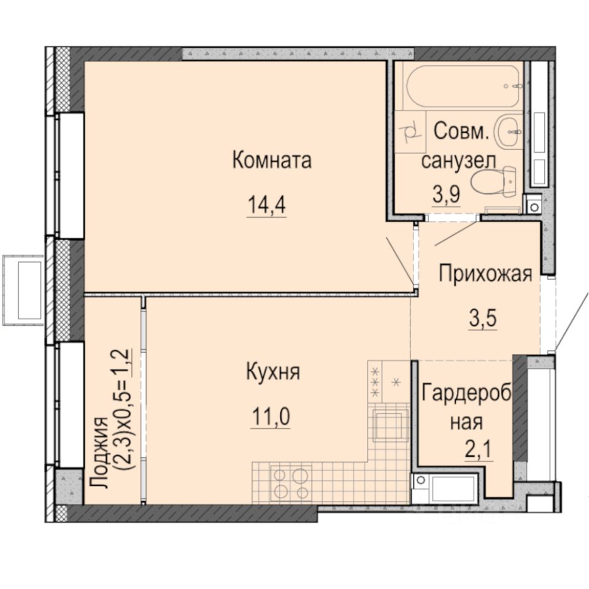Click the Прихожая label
pyautogui.click(x=484, y=274)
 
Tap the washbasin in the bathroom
pyautogui.click(x=509, y=129)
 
